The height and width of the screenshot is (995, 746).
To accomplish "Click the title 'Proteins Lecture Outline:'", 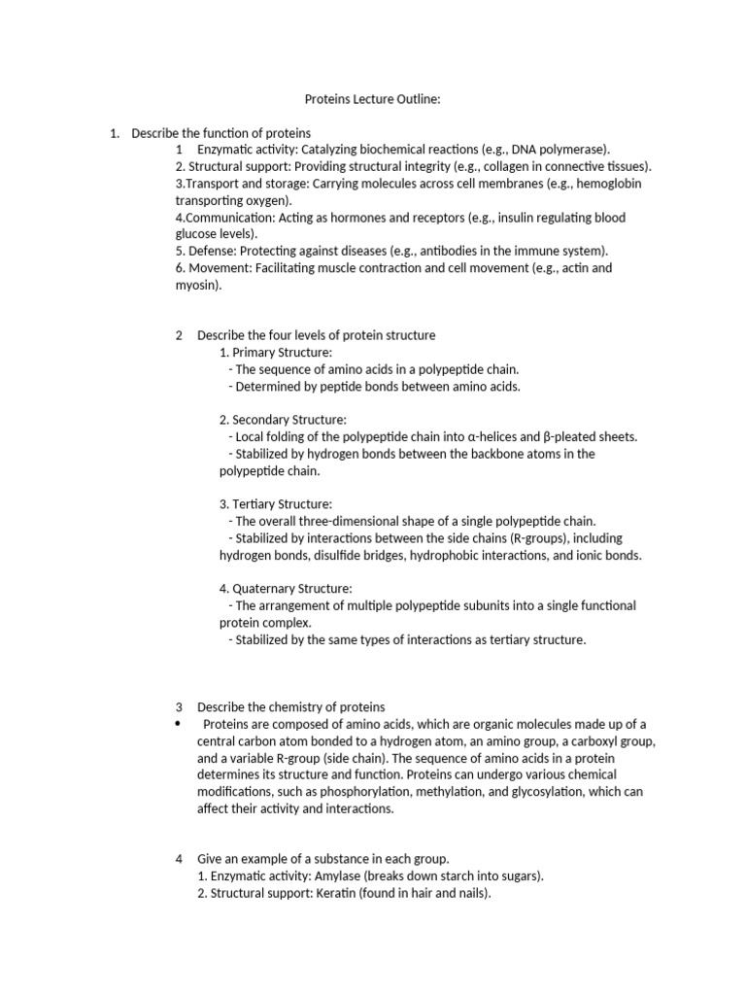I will pos(373,98).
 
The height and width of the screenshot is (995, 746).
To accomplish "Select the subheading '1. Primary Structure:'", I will pos(276,352).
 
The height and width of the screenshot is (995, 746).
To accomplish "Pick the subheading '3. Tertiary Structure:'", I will pos(276,504).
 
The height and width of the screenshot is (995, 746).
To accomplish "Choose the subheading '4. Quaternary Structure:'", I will pos(286,588).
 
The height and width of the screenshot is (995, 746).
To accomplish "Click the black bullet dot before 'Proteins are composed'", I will pos(178,724).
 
